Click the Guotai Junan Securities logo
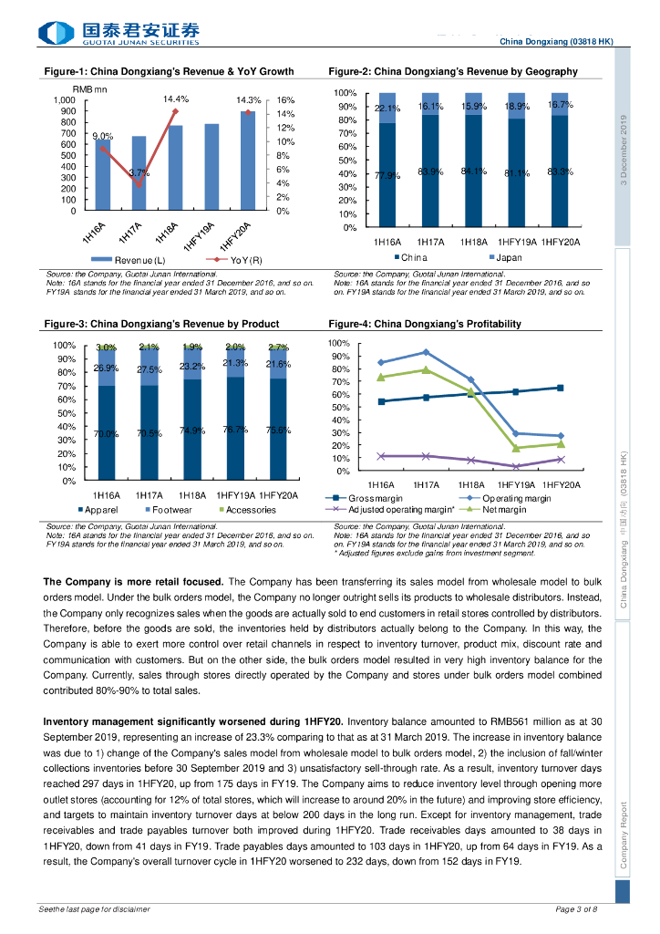pos(119,34)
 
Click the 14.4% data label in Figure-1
pos(176,99)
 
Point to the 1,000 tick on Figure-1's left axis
pos(64,100)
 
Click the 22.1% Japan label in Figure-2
pos(387,109)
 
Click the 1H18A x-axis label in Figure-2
pos(472,242)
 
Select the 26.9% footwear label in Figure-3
pos(107,368)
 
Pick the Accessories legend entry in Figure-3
pos(251,510)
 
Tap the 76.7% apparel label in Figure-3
pos(235,430)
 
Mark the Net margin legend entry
pos(502,510)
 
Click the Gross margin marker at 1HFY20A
pos(561,388)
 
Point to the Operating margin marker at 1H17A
pos(426,352)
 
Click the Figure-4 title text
pos(425,324)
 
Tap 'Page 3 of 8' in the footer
pos(576,909)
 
